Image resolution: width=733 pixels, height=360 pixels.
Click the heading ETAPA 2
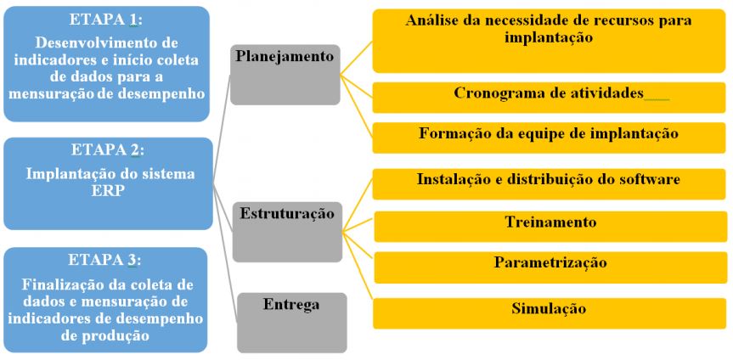[106, 151]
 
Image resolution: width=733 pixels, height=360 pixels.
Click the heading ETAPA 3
[106, 260]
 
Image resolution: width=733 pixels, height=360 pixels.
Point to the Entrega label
[291, 303]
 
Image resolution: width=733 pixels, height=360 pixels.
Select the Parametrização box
[550, 263]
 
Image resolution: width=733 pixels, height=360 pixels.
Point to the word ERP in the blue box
[106, 191]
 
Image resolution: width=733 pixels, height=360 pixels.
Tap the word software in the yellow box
[650, 180]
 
